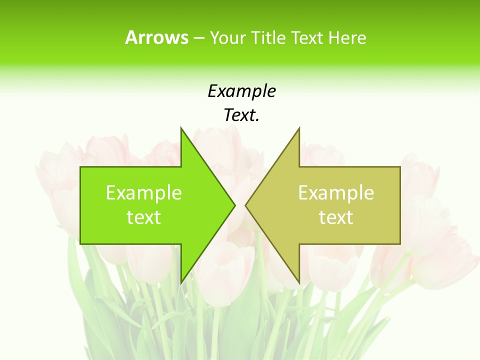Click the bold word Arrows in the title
point(156,37)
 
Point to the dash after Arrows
point(198,38)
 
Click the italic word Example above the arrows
point(242,91)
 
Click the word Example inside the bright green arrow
point(144,193)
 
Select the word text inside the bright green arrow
point(144,217)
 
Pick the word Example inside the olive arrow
point(336,193)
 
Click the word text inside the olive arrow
point(336,217)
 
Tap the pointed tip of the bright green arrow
point(234,205)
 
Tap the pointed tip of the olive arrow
point(245,205)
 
